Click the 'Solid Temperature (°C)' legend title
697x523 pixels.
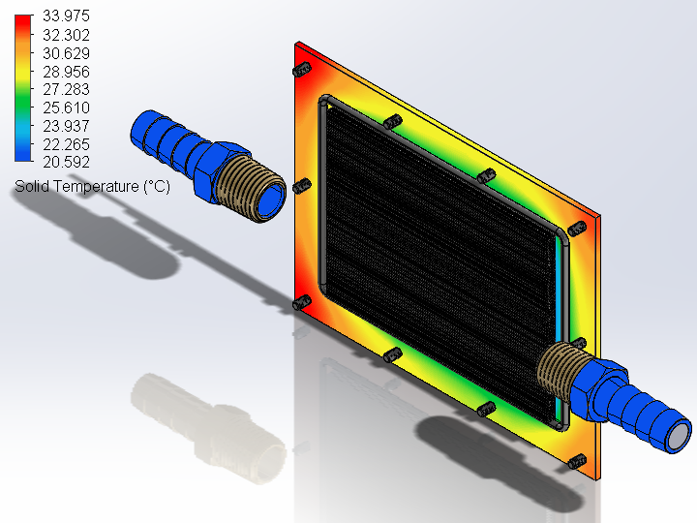click(x=92, y=186)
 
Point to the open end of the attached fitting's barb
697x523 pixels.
click(x=677, y=434)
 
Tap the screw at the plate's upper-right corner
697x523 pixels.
click(x=578, y=229)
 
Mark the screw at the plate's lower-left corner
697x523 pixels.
click(x=302, y=304)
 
